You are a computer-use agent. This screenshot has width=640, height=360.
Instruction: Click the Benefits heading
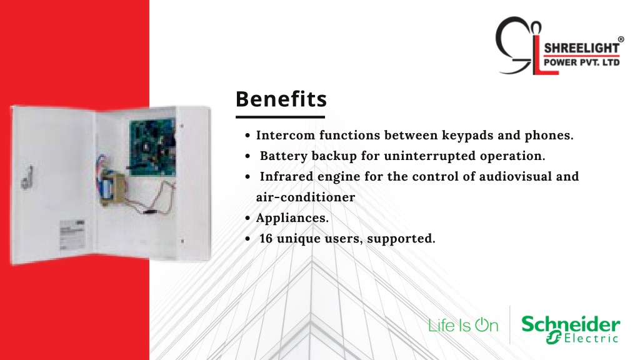click(281, 99)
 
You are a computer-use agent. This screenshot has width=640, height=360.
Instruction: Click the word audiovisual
click(516, 176)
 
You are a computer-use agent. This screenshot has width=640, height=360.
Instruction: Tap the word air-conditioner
click(306, 197)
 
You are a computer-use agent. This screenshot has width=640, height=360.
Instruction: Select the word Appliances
click(292, 218)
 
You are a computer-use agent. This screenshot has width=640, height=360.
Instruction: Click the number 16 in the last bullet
click(266, 238)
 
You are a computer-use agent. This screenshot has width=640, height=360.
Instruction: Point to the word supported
click(401, 239)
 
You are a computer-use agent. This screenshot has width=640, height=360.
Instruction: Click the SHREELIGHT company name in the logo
click(582, 47)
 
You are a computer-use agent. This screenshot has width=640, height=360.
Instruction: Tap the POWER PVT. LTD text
click(582, 62)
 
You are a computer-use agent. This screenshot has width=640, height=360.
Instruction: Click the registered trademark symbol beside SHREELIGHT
click(621, 39)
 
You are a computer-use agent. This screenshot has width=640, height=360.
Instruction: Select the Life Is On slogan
click(463, 325)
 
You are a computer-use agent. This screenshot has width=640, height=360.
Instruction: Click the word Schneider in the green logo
click(571, 324)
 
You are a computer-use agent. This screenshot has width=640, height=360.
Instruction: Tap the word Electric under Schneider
click(591, 338)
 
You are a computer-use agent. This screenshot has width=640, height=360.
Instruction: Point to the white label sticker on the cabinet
click(72, 235)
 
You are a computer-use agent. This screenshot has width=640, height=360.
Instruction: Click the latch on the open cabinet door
click(27, 177)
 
